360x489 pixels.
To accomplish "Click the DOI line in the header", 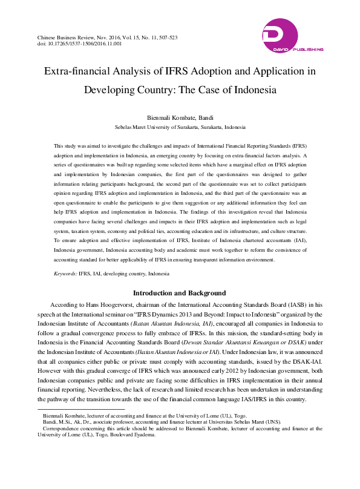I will tap(80, 44).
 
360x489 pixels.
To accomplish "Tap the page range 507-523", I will tap(165, 37).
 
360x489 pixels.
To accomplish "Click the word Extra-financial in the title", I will tap(74, 71).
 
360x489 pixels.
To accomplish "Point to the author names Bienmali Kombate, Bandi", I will tap(180, 118).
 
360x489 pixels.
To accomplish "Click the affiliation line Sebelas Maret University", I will tap(180, 128).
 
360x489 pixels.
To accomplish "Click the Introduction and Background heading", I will tap(180, 294).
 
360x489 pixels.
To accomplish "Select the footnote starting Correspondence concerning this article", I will tap(182, 428).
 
